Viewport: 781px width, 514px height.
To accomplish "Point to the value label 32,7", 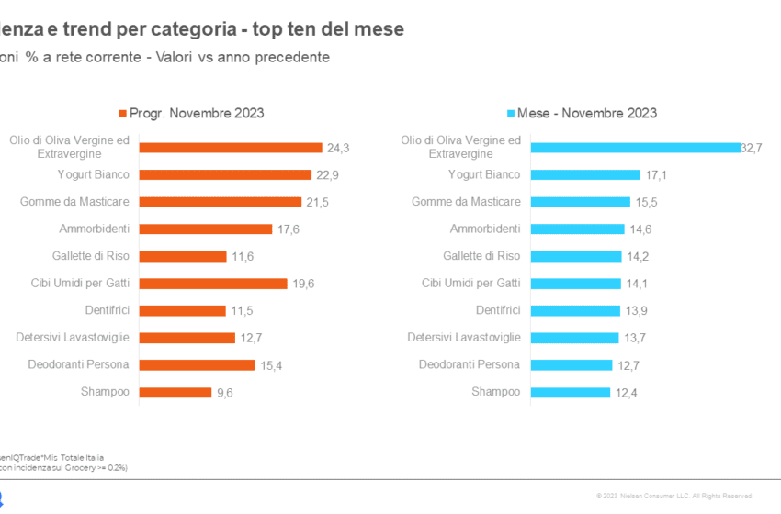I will [752, 148].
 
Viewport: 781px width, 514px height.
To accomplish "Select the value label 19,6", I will [304, 284].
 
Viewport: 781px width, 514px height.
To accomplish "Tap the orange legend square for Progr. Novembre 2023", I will [121, 114].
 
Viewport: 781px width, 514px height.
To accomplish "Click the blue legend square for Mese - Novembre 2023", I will [511, 114].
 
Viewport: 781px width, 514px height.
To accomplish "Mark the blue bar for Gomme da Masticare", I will [581, 202].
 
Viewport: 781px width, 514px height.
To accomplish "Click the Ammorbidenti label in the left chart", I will [96, 229].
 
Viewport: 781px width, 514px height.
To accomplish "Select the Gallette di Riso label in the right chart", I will [481, 256].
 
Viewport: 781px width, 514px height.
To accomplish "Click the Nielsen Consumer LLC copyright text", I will [674, 496].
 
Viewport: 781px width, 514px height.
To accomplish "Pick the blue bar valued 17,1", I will [585, 174].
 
